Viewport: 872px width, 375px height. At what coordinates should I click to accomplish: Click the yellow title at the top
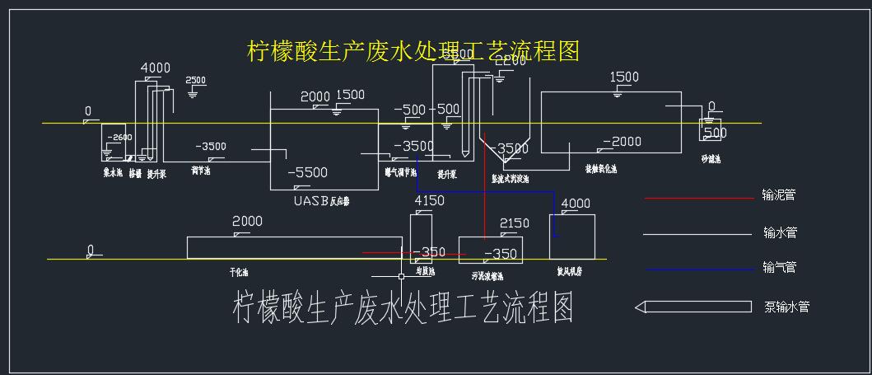click(413, 51)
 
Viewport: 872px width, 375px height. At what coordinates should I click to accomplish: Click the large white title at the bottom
click(403, 307)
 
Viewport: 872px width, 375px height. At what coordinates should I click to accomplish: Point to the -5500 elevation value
click(307, 173)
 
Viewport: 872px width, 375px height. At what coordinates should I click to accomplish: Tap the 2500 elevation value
click(196, 80)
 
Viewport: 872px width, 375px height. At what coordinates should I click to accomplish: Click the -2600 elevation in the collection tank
click(119, 138)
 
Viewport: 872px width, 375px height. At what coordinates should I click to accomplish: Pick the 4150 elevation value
click(429, 200)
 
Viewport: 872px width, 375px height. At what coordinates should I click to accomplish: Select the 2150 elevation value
click(515, 223)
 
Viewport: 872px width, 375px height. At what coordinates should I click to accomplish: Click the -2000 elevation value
click(623, 142)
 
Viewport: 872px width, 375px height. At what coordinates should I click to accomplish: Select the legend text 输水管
click(780, 233)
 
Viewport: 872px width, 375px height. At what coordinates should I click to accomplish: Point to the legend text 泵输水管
click(786, 307)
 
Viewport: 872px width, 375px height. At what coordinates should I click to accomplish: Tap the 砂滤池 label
click(711, 157)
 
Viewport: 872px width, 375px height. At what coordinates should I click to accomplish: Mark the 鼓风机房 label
click(571, 269)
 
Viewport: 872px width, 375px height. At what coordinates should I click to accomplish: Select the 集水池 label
click(113, 173)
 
